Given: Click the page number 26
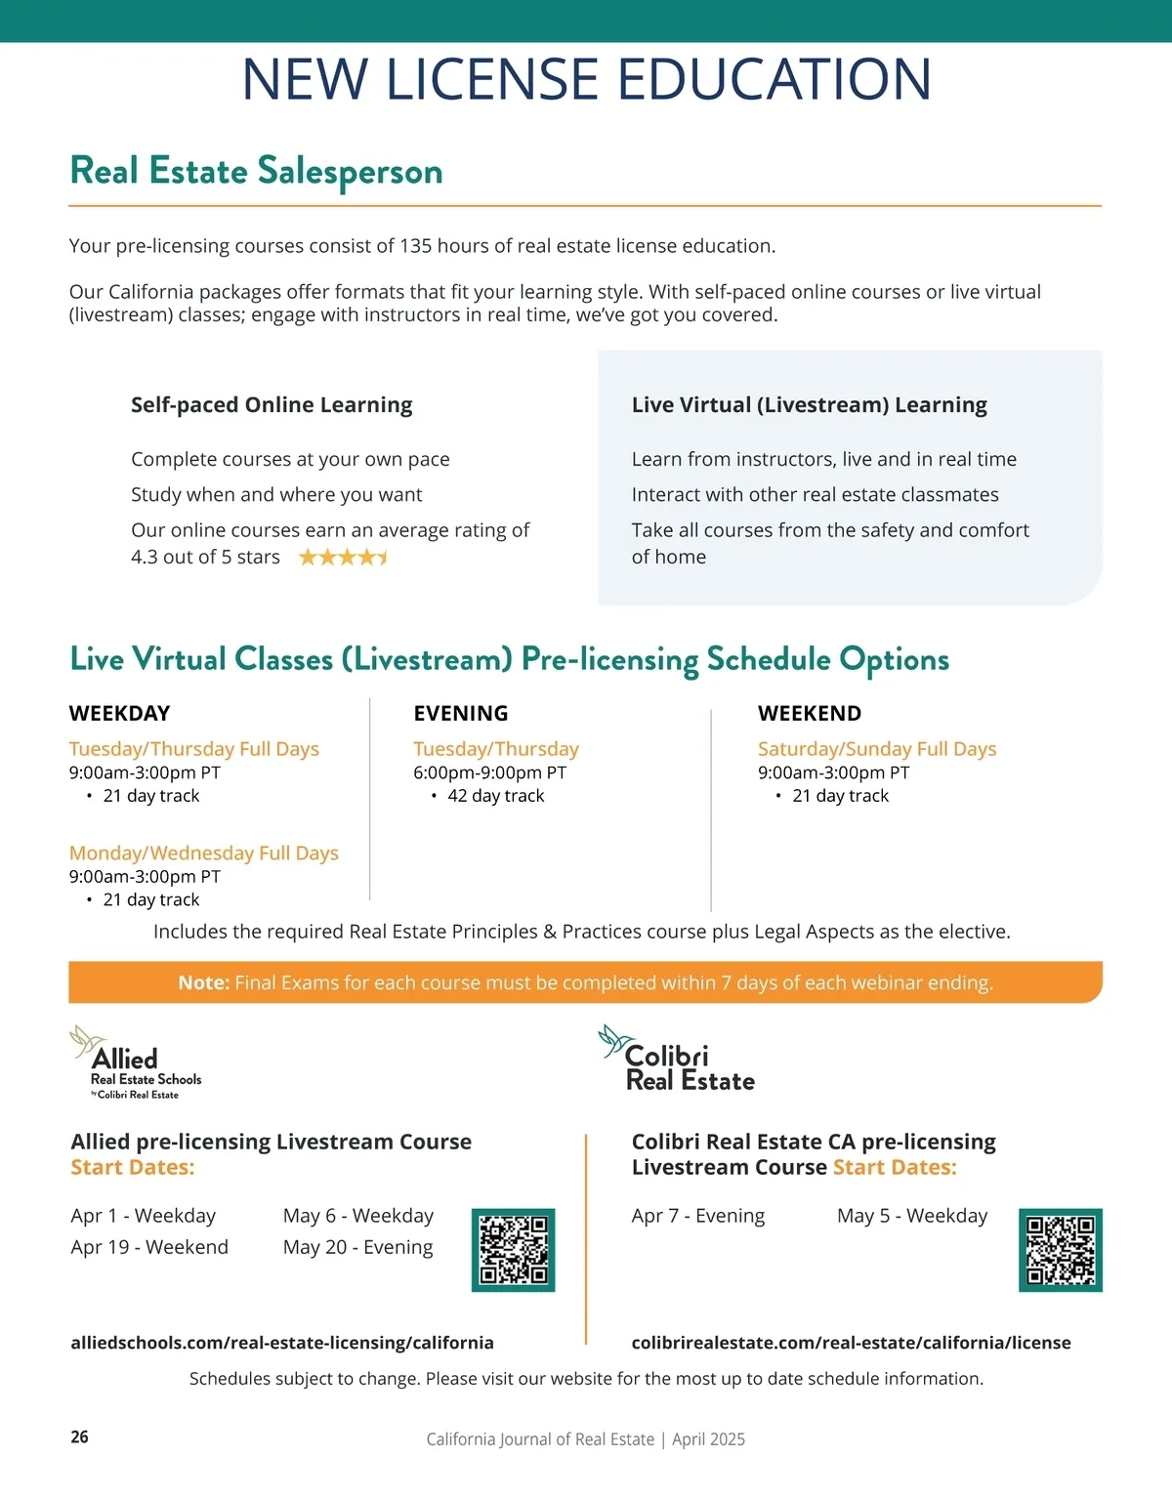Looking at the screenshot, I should [x=80, y=1437].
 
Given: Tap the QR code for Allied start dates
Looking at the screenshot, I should [x=513, y=1250].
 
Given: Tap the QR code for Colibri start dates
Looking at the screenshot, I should [x=1060, y=1250].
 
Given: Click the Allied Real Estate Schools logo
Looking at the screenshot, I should [x=137, y=1063].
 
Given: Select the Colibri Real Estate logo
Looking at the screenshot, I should [x=678, y=1060].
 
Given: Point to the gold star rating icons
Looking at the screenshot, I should [x=343, y=558].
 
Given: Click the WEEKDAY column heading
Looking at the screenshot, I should [x=119, y=713].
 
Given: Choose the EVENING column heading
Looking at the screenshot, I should [x=460, y=713].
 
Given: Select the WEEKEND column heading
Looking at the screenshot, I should [x=809, y=713].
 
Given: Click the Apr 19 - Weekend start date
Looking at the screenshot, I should [x=149, y=1247].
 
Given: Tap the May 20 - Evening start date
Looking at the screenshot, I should [x=357, y=1247].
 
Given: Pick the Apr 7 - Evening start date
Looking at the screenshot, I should [x=697, y=1216].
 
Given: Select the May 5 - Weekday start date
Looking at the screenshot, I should [x=911, y=1216].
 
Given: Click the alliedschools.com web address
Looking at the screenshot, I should [x=282, y=1343].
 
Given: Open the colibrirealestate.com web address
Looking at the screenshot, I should [x=851, y=1343].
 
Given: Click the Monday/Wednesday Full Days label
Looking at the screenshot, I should [x=203, y=853].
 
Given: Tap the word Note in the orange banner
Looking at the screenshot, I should [x=203, y=982].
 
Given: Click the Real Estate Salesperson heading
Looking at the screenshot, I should [x=256, y=171].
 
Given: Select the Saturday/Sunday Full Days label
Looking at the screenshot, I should [x=876, y=749].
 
